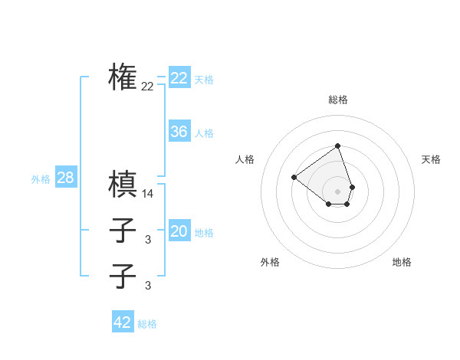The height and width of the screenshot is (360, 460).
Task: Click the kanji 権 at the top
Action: [x=123, y=77]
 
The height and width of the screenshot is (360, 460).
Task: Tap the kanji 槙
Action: [x=123, y=184]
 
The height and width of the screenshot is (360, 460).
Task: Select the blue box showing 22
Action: [x=179, y=78]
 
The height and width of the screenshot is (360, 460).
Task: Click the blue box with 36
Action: [x=179, y=132]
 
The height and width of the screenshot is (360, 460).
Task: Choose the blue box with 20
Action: [x=179, y=232]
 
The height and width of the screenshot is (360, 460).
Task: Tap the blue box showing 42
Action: [x=123, y=322]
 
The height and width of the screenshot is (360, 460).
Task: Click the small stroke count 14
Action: [x=148, y=195]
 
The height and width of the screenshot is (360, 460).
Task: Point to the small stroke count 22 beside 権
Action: [x=147, y=87]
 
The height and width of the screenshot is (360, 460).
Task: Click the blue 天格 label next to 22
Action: [x=204, y=80]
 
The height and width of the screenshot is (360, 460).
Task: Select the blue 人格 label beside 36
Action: [x=204, y=133]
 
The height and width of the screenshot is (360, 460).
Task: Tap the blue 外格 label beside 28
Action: [x=41, y=180]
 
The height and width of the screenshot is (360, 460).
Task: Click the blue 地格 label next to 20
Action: [x=204, y=234]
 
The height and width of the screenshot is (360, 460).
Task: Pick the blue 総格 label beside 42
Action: [x=147, y=324]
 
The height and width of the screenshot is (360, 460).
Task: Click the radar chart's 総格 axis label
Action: [x=338, y=100]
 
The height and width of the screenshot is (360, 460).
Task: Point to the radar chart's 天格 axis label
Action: [x=431, y=159]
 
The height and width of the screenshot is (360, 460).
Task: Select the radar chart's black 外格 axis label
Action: [x=270, y=262]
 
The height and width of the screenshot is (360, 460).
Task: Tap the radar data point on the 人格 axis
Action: [x=294, y=177]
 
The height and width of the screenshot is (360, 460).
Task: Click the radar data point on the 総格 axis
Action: [x=337, y=146]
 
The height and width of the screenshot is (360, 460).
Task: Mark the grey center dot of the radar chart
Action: [x=337, y=191]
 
